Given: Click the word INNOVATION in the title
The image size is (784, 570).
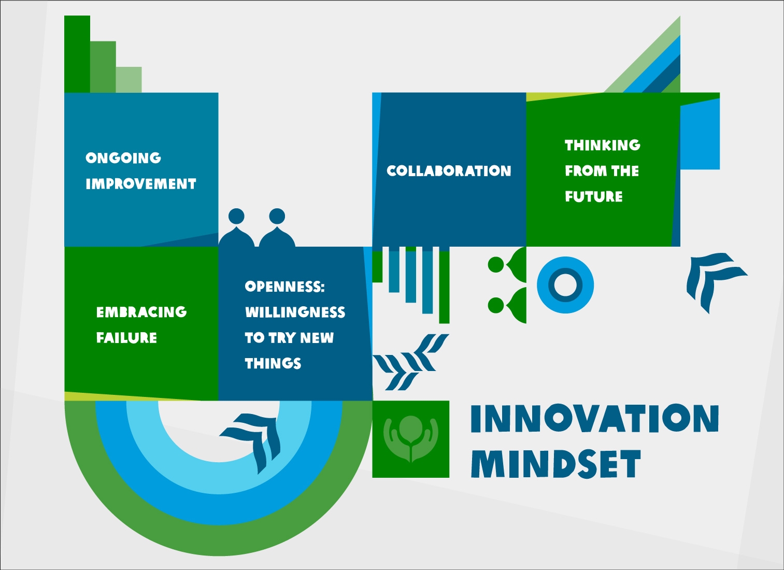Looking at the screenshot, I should pyautogui.click(x=594, y=419).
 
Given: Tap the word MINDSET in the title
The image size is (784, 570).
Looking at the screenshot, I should pyautogui.click(x=555, y=464).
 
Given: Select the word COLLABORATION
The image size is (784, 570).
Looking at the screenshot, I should pyautogui.click(x=449, y=171).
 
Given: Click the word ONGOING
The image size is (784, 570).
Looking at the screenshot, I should pyautogui.click(x=123, y=158).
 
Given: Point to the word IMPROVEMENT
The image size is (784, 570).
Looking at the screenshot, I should pyautogui.click(x=141, y=184).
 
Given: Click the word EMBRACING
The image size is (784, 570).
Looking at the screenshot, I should pyautogui.click(x=141, y=312).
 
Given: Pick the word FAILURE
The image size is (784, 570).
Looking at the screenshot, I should pyautogui.click(x=126, y=338).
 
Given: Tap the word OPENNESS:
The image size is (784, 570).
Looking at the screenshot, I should pyautogui.click(x=284, y=287).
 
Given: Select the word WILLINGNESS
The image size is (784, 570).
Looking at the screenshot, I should pyautogui.click(x=295, y=312).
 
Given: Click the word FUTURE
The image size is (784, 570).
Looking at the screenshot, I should pyautogui.click(x=594, y=197).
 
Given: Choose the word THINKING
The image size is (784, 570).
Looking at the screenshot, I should pyautogui.click(x=603, y=145).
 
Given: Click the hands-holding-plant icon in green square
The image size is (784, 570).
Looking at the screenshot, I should pyautogui.click(x=410, y=438).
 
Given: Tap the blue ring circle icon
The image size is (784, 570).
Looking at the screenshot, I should pyautogui.click(x=565, y=285).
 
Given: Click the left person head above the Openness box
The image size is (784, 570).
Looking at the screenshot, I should pyautogui.click(x=236, y=216).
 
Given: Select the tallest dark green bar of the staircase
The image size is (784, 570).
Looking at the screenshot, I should pyautogui.click(x=77, y=54).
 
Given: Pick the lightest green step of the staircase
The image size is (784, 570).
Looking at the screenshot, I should pyautogui.click(x=129, y=80).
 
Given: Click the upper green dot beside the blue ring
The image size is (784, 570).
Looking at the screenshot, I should pyautogui.click(x=496, y=265).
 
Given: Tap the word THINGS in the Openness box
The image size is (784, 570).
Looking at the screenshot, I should pyautogui.click(x=273, y=363).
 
